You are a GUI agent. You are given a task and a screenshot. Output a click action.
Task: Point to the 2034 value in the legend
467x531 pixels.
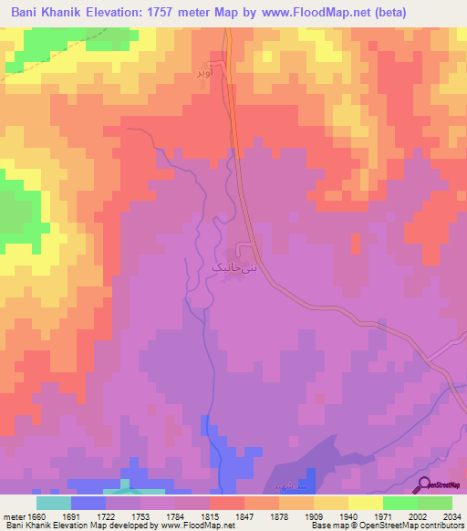451,516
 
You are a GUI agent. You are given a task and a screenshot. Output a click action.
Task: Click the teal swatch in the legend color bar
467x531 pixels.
53,503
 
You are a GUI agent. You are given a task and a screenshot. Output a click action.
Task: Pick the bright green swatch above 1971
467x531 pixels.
400,503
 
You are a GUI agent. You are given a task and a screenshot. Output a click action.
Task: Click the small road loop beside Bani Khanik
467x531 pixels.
244,249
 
